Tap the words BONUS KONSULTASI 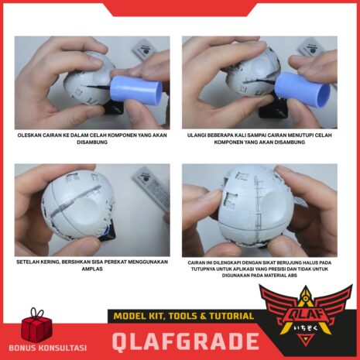[x=48, y=348]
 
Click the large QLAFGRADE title [x=186, y=341]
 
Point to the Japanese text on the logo [x=306, y=328]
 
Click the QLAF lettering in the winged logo [x=306, y=315]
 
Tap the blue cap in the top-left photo [x=136, y=89]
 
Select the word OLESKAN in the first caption [x=29, y=135]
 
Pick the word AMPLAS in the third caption [x=92, y=269]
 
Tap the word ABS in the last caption [x=293, y=276]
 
